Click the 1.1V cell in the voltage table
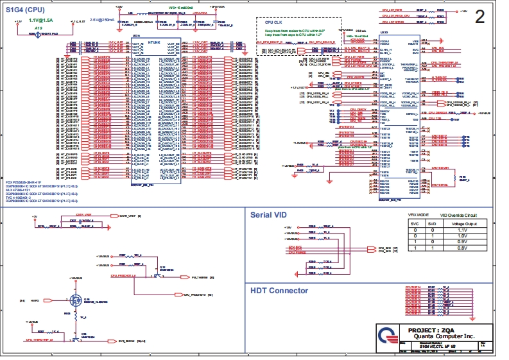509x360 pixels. (462, 229)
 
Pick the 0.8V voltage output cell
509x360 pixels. (462, 248)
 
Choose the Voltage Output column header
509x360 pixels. (462, 223)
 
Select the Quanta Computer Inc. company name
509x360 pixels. (436, 336)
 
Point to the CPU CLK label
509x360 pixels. (274, 22)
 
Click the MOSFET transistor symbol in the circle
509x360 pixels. (69, 298)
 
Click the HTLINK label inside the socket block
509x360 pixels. (154, 40)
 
